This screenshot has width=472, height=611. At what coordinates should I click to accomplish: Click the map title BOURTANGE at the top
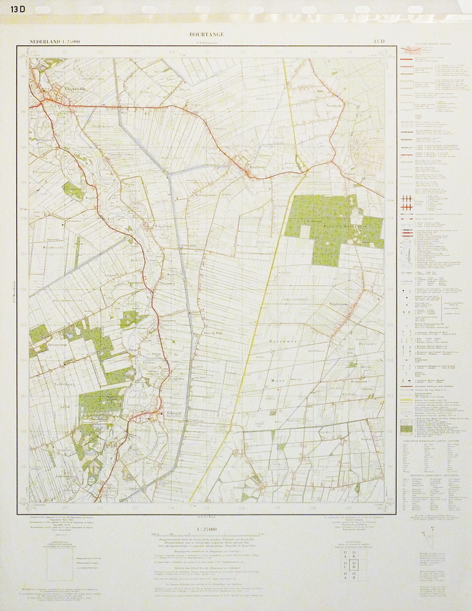(x=207, y=34)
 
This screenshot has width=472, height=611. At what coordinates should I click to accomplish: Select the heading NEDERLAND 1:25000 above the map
(x=54, y=42)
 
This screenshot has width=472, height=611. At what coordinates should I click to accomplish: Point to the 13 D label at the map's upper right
(x=379, y=42)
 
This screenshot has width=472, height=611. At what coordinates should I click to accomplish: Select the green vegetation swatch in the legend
(x=406, y=429)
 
